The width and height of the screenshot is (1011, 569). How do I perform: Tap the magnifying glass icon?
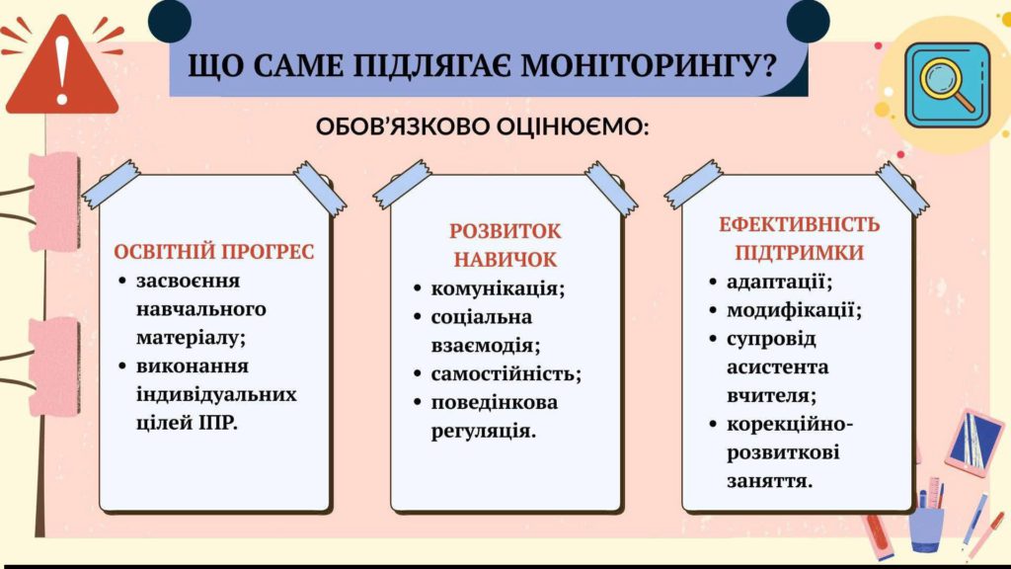[x=947, y=86]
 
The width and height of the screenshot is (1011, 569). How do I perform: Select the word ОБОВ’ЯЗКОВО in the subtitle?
[x=403, y=125]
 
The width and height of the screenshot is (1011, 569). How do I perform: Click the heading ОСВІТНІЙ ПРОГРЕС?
[x=214, y=252]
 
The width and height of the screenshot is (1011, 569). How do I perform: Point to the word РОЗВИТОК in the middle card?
[x=505, y=231]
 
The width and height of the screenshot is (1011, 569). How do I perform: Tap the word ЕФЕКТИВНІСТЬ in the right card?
[x=799, y=224]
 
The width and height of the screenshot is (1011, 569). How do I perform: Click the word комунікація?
[x=498, y=288]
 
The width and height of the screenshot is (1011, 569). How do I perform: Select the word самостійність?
[x=506, y=373]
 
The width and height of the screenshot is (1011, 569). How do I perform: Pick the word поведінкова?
[x=495, y=403]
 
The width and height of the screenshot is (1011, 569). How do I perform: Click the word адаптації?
[x=780, y=282]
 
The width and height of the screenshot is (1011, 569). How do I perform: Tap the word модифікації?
[x=795, y=310]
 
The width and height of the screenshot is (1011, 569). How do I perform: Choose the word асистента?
[x=778, y=367]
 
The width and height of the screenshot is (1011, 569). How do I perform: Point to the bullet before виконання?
[x=122, y=366]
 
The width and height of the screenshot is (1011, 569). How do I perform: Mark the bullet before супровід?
[x=713, y=339]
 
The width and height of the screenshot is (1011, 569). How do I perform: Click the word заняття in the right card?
[x=770, y=481]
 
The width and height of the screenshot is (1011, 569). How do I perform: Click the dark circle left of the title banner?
[x=170, y=21]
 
